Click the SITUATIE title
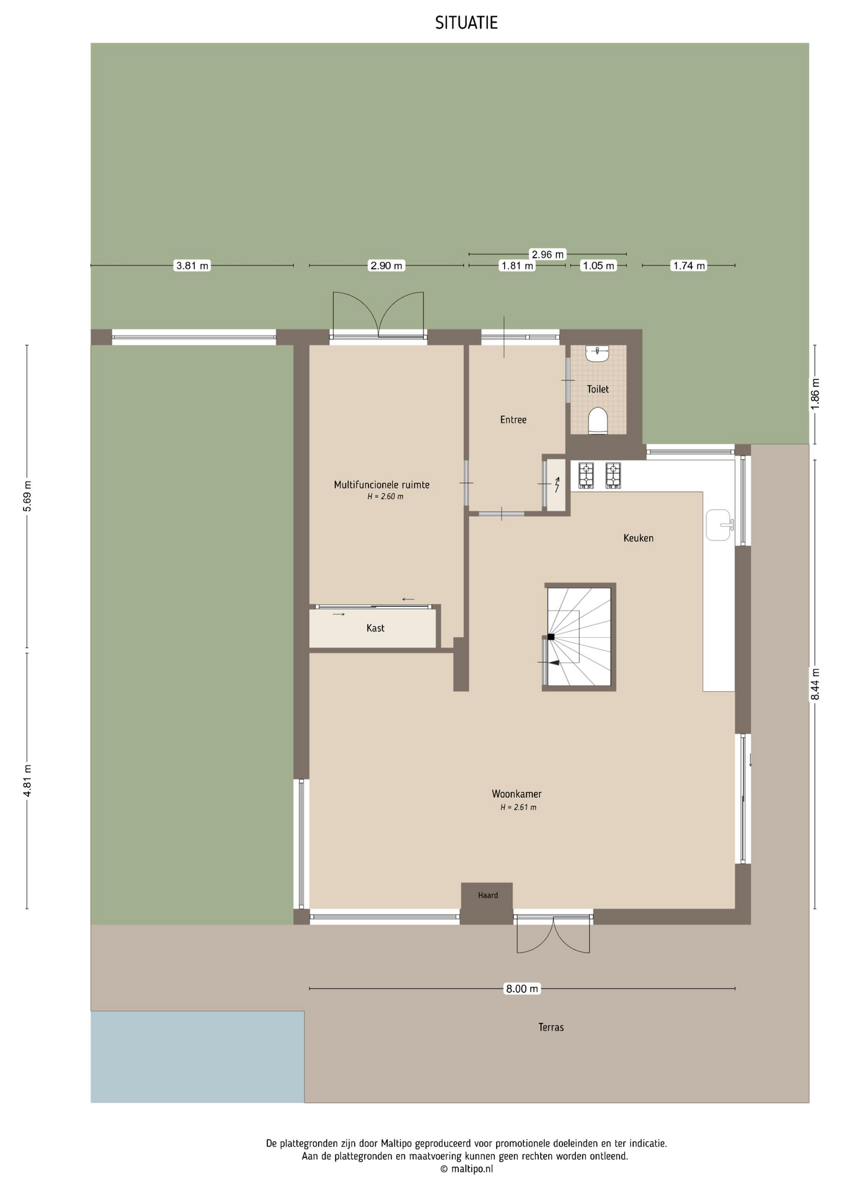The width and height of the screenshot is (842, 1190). click(x=466, y=23)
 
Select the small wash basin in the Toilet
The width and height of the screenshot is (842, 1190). click(x=598, y=353)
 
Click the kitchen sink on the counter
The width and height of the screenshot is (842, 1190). click(x=719, y=525)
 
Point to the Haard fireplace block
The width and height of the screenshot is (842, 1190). click(x=487, y=903)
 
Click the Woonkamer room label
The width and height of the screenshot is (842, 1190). click(x=516, y=794)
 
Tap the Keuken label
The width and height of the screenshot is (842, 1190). click(x=639, y=538)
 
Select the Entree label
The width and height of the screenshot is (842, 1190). click(x=513, y=420)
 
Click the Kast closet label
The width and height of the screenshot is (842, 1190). click(x=375, y=628)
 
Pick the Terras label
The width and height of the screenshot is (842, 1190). click(x=551, y=1027)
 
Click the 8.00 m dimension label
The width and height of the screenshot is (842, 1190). click(x=522, y=989)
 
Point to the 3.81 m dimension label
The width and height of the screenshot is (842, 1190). click(x=192, y=266)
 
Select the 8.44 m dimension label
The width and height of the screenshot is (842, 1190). click(x=815, y=684)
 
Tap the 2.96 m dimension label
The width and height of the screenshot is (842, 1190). click(x=547, y=254)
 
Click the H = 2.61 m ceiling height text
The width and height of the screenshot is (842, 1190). click(x=518, y=807)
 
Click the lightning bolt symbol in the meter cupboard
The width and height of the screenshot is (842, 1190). click(x=557, y=484)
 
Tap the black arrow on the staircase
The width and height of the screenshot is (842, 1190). click(x=554, y=663)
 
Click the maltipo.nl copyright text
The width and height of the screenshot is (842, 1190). click(x=466, y=1169)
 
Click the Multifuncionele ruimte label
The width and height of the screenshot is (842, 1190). click(x=381, y=485)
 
